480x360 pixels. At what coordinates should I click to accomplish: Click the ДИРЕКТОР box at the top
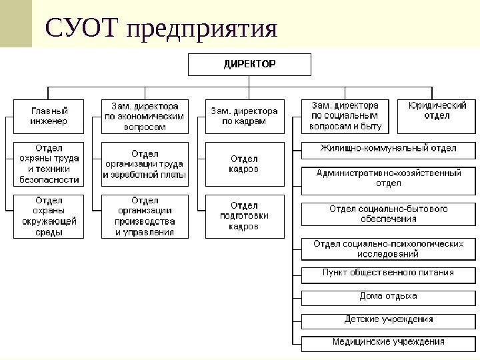click(249, 65)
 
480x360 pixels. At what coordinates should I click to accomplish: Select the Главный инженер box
click(49, 116)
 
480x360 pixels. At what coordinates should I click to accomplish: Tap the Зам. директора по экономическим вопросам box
click(145, 116)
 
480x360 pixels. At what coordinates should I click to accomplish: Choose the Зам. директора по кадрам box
click(244, 116)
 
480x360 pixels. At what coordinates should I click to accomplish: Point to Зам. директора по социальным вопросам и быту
click(345, 116)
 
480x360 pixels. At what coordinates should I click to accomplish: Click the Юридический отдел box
click(437, 116)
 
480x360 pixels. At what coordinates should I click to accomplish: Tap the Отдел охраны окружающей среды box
click(49, 216)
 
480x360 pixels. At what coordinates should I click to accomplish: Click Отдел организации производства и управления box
click(145, 216)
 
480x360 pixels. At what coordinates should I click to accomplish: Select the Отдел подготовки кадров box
click(244, 216)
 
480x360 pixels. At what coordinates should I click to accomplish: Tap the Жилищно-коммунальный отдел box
click(388, 149)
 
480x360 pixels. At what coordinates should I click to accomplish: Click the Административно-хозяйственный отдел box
click(388, 178)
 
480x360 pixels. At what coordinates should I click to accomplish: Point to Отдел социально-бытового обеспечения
click(388, 214)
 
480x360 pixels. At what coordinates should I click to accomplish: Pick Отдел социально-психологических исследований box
click(388, 249)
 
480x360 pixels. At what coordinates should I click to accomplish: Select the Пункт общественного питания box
click(388, 273)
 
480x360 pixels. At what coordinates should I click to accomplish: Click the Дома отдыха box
click(388, 297)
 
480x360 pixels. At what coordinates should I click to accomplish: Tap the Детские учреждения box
click(388, 320)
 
